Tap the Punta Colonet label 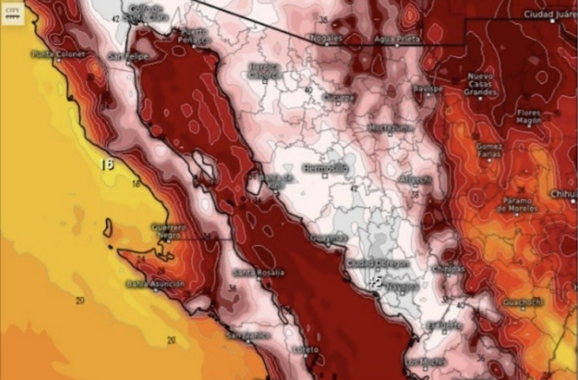[54, 55]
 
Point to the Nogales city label [326, 38]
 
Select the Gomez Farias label [491, 150]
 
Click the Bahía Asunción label [154, 284]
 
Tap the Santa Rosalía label [258, 272]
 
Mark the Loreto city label [306, 349]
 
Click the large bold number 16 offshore [105, 163]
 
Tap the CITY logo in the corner [12, 13]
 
